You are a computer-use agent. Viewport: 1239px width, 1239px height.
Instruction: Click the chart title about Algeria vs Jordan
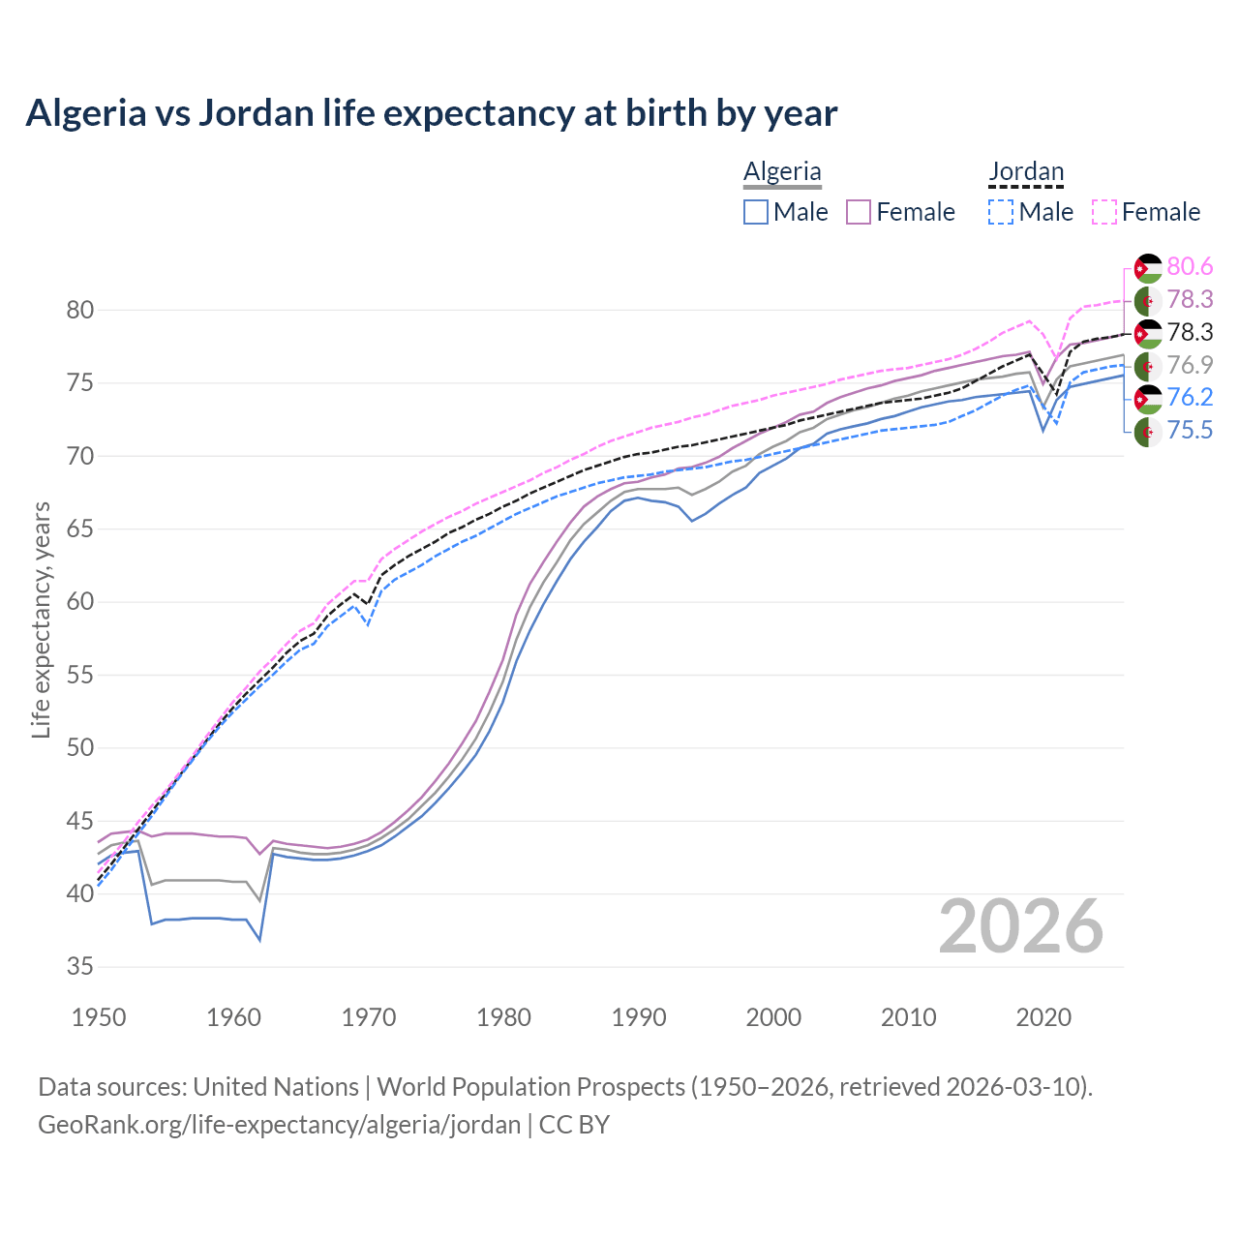(x=431, y=113)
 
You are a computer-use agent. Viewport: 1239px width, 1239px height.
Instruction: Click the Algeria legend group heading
(x=782, y=171)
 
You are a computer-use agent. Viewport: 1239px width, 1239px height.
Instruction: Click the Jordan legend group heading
(x=1026, y=171)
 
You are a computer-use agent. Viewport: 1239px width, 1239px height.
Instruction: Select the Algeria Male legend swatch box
(x=756, y=212)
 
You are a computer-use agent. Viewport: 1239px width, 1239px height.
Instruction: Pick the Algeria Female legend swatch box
(x=860, y=212)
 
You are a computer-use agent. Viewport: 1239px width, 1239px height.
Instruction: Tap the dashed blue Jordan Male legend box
(x=1001, y=212)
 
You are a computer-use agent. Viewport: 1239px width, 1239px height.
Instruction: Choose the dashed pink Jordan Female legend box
(x=1104, y=212)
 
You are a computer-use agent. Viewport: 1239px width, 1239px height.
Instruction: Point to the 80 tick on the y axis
(x=79, y=311)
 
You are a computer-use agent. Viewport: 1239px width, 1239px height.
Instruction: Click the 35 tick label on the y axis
(x=79, y=967)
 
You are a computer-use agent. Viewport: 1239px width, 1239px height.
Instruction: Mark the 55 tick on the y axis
(x=79, y=675)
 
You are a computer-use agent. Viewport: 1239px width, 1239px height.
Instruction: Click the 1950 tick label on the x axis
(x=99, y=1017)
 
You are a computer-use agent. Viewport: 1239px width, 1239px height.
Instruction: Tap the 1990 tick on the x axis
(x=639, y=1017)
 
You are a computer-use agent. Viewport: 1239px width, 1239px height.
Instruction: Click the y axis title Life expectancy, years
(x=41, y=619)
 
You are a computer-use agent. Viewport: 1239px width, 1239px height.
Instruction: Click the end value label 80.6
(x=1190, y=266)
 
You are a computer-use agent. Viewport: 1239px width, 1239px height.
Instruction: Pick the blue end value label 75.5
(x=1190, y=431)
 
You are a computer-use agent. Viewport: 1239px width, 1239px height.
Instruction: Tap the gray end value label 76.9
(x=1190, y=365)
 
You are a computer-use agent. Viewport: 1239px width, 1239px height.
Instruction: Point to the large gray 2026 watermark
(x=1020, y=927)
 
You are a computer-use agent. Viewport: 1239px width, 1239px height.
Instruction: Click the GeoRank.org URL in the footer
(x=279, y=1125)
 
